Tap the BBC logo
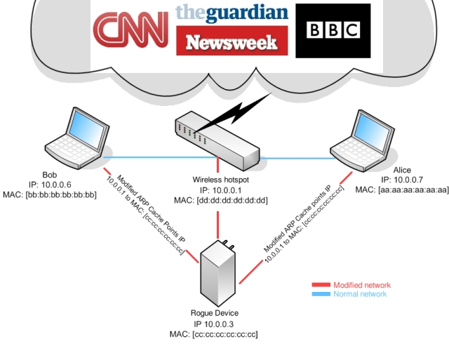point(333,30)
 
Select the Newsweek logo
point(232,41)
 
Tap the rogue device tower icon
point(220,274)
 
